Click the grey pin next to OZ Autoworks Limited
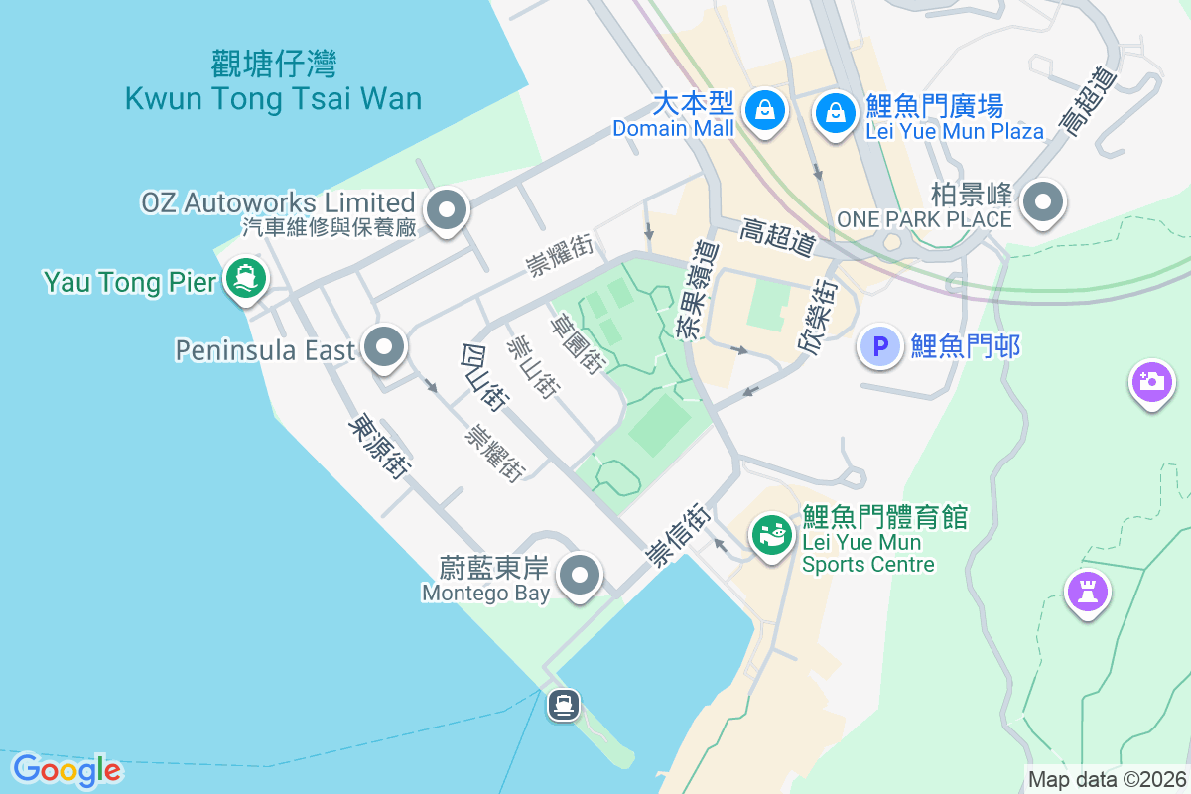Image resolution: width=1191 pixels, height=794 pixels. pos(446,209)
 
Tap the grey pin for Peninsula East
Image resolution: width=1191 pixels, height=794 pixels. pos(384,347)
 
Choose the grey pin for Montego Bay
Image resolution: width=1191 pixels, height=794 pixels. pos(581,575)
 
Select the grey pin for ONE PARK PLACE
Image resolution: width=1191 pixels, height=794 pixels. pos(1042,201)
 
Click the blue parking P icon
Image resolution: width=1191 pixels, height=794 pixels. pos(879,346)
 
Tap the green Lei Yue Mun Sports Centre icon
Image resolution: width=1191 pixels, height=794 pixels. pos(772,536)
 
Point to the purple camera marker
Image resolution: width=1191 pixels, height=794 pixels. pos(1151,381)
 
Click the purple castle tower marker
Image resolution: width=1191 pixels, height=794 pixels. pos(1087,592)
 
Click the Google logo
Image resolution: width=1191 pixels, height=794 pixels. pos(66,770)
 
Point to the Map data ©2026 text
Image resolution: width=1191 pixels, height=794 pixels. pos(1107,780)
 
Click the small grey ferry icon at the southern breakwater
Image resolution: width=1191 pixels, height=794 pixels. pos(564,706)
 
